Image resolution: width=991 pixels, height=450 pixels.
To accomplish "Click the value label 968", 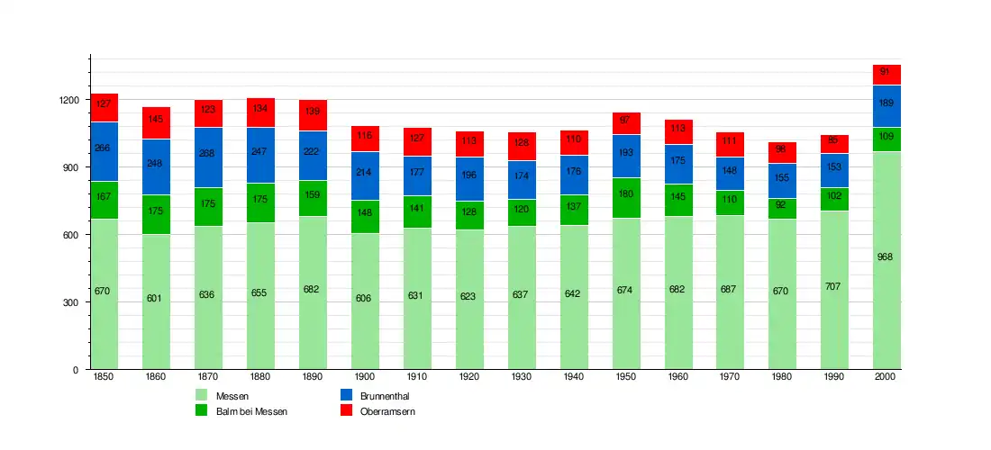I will (x=886, y=257).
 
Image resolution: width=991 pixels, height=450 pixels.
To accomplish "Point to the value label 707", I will (x=834, y=286).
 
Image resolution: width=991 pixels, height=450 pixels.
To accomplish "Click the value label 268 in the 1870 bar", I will (x=208, y=154).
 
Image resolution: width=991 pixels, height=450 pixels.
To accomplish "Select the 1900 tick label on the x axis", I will (x=364, y=376).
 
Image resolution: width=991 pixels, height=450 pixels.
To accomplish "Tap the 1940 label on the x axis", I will (x=573, y=376).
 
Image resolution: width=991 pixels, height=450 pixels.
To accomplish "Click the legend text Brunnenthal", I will (x=385, y=395).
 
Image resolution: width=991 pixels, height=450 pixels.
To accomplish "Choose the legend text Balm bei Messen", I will (x=251, y=411).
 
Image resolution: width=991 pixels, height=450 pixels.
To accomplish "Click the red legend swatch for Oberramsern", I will (x=346, y=410).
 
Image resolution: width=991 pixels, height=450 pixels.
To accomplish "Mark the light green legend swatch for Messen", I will (x=202, y=395).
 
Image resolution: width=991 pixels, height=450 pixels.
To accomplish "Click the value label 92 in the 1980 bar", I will (x=782, y=203).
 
